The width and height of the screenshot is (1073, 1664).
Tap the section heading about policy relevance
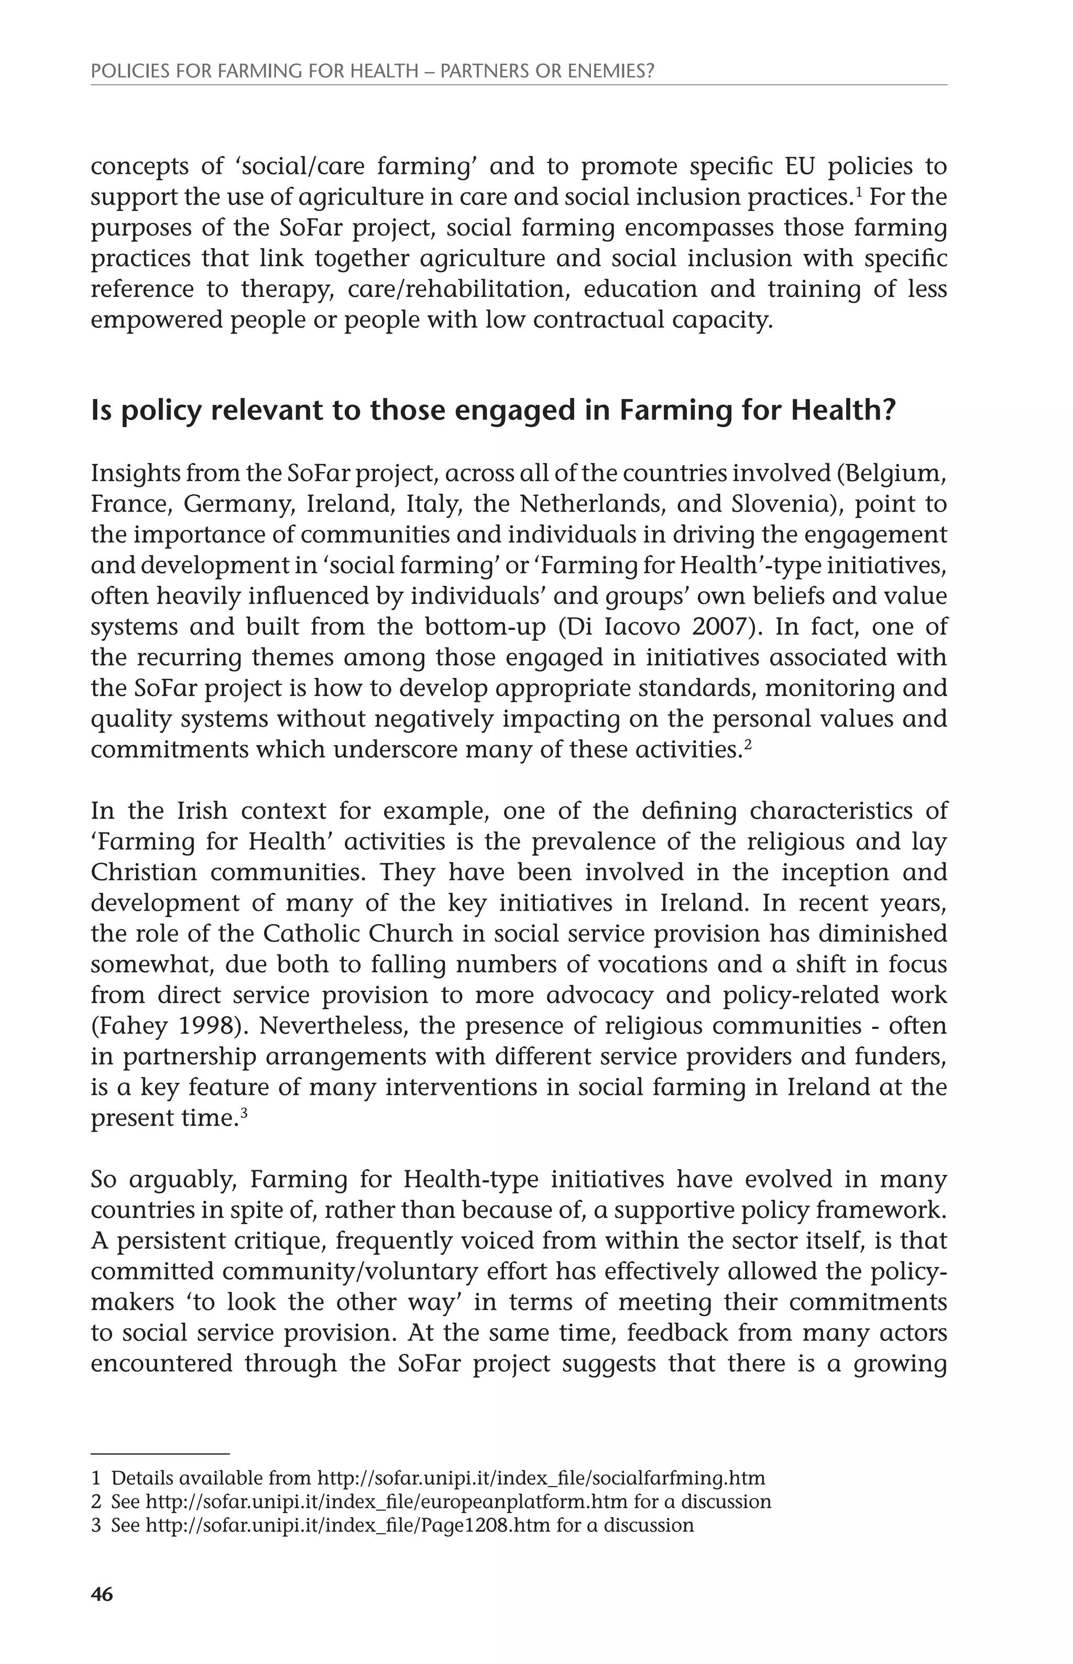pyautogui.click(x=492, y=411)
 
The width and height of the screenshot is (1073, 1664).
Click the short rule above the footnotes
pyautogui.click(x=160, y=1454)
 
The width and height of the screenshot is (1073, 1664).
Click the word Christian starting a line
pyautogui.click(x=143, y=872)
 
